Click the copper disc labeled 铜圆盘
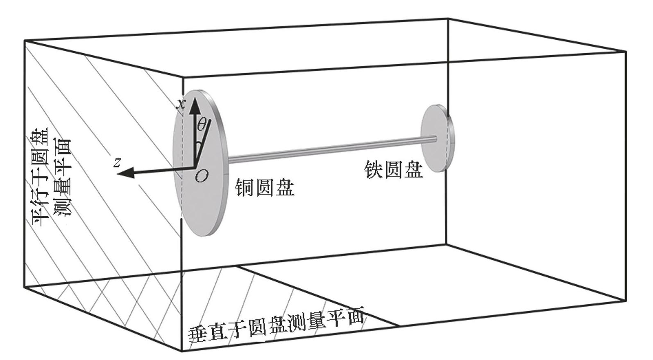[205, 197]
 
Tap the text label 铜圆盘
[265, 188]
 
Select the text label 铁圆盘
[393, 170]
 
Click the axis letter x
[181, 104]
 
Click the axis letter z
[118, 163]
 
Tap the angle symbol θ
[202, 124]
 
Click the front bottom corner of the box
[181, 351]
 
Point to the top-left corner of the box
[25, 41]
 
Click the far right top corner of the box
[626, 52]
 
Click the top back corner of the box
[448, 19]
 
